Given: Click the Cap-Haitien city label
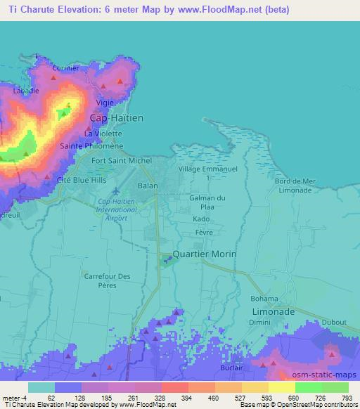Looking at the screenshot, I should pyautogui.click(x=116, y=118).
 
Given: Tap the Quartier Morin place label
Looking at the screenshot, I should pyautogui.click(x=205, y=254).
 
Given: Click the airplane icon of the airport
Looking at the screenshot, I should pyautogui.click(x=116, y=190).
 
